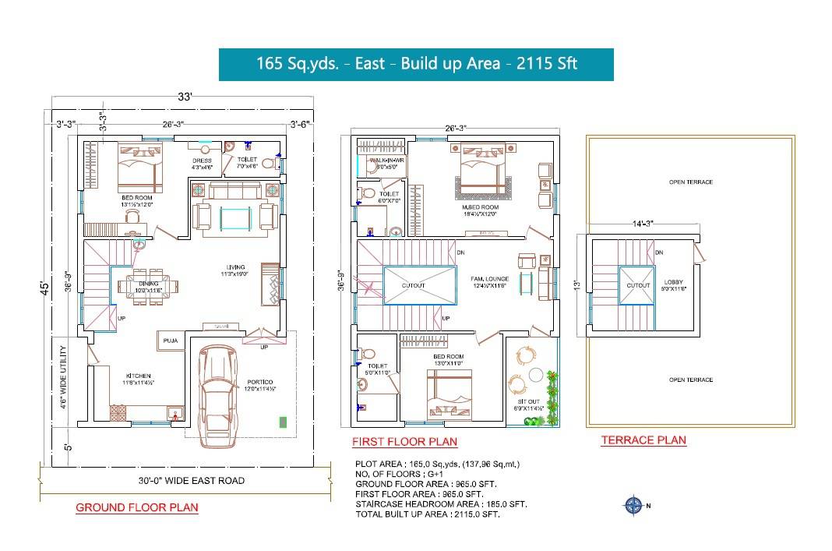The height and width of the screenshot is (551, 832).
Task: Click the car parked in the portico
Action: [219, 394]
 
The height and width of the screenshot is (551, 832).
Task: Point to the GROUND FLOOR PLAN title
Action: [136, 507]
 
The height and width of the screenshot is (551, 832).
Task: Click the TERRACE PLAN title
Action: [643, 440]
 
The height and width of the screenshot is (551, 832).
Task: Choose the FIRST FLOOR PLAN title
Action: [404, 442]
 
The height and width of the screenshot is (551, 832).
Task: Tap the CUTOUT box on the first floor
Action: [419, 285]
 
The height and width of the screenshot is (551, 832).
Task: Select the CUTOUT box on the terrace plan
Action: [638, 285]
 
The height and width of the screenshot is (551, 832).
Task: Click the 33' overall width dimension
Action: [184, 98]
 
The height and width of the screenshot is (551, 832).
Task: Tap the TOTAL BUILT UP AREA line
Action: [427, 514]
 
